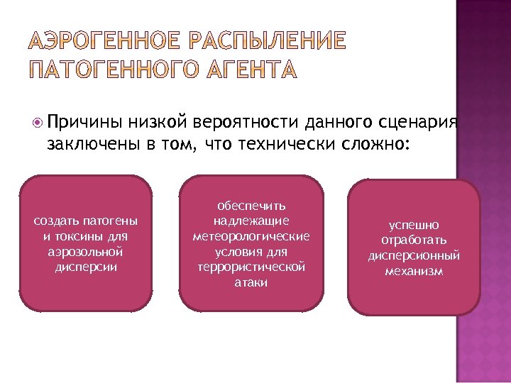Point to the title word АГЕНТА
click(x=248, y=69)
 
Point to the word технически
click(x=265, y=145)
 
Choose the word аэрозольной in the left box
click(x=86, y=251)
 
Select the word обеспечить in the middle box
click(x=251, y=205)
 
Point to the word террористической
click(x=251, y=267)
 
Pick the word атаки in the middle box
click(x=251, y=282)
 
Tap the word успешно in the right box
click(x=414, y=224)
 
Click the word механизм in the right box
click(x=414, y=271)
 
